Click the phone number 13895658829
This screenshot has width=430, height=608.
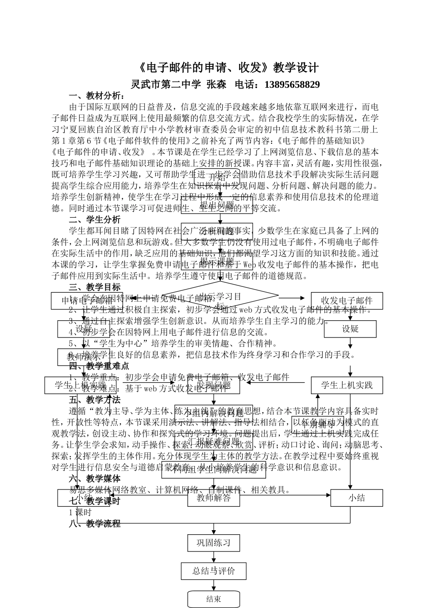291,85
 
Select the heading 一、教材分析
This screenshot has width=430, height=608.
96,96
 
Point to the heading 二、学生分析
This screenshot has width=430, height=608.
95,220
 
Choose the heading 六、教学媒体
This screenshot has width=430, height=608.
95,479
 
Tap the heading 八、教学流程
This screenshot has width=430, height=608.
95,523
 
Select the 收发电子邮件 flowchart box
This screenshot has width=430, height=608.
347,301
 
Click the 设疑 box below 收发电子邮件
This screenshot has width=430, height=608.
350,329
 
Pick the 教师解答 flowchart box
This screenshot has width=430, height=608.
214,498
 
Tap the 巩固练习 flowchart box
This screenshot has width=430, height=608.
214,543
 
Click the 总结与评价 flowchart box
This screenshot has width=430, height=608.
214,571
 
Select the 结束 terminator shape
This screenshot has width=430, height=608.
214,599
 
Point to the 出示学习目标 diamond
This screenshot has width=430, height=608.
220,297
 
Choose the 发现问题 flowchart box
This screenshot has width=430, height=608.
214,385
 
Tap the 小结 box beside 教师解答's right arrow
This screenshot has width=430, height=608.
357,498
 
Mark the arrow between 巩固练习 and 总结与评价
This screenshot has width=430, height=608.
214,557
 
